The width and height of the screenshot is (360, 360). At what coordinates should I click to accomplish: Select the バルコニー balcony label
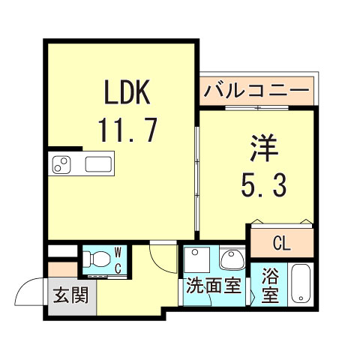point(256,92)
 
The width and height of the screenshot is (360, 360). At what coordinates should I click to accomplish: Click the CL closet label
point(281,243)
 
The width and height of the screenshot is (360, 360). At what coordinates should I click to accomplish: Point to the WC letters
point(118,259)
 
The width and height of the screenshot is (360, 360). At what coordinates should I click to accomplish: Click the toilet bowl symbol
point(95,259)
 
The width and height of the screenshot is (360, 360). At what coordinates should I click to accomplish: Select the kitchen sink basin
point(98,163)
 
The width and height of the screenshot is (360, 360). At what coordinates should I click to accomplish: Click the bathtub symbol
point(301,284)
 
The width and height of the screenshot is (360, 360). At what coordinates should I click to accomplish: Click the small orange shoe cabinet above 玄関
point(62,268)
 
